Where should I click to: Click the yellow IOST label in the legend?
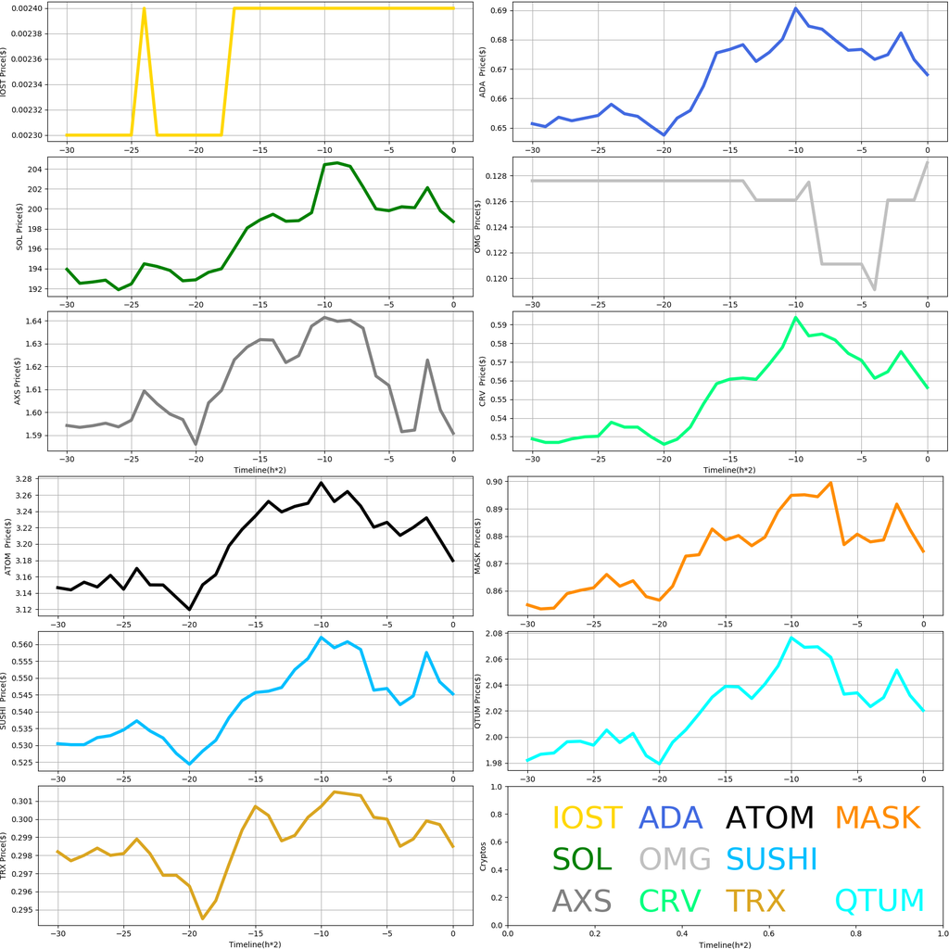pos(588,818)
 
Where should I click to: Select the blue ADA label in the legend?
pos(671,818)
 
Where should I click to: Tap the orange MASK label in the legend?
pos(878,818)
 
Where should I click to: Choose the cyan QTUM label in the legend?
pos(879,901)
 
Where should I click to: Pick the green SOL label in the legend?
pos(582,860)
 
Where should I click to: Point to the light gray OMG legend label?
pos(675,860)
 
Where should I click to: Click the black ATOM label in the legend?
pos(769,818)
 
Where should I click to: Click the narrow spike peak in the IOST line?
pos(145,8)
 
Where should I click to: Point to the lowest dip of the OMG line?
pos(875,290)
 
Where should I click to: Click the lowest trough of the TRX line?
pos(202,918)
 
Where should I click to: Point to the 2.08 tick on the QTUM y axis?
pos(491,634)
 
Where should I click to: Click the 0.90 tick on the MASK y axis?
pos(491,482)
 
